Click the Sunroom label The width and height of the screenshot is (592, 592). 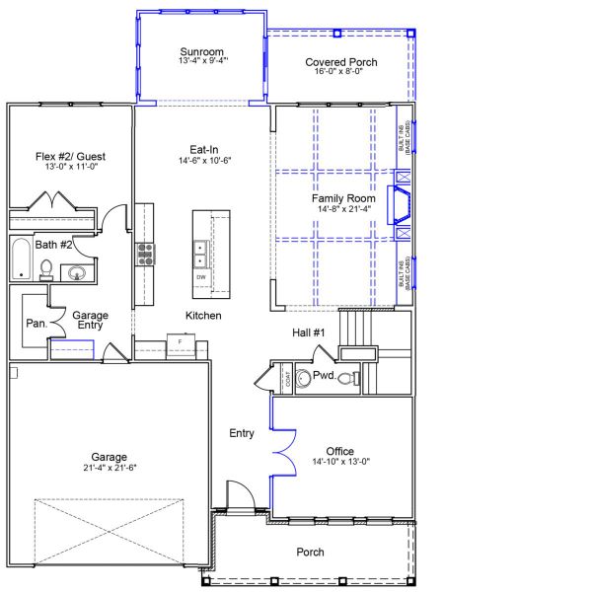pyautogui.click(x=202, y=51)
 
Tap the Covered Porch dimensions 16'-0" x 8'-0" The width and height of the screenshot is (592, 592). pyautogui.click(x=339, y=72)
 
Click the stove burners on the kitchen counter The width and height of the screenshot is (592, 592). pyautogui.click(x=146, y=254)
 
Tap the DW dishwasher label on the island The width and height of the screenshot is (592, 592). pyautogui.click(x=201, y=277)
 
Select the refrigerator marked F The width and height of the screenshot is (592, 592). pyautogui.click(x=181, y=343)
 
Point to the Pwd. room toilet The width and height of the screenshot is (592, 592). pyautogui.click(x=344, y=378)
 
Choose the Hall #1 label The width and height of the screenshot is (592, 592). pyautogui.click(x=309, y=333)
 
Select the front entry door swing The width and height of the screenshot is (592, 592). pyautogui.click(x=238, y=494)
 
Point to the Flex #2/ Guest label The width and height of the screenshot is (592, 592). pyautogui.click(x=70, y=157)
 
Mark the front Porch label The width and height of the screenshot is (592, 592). pyautogui.click(x=310, y=552)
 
